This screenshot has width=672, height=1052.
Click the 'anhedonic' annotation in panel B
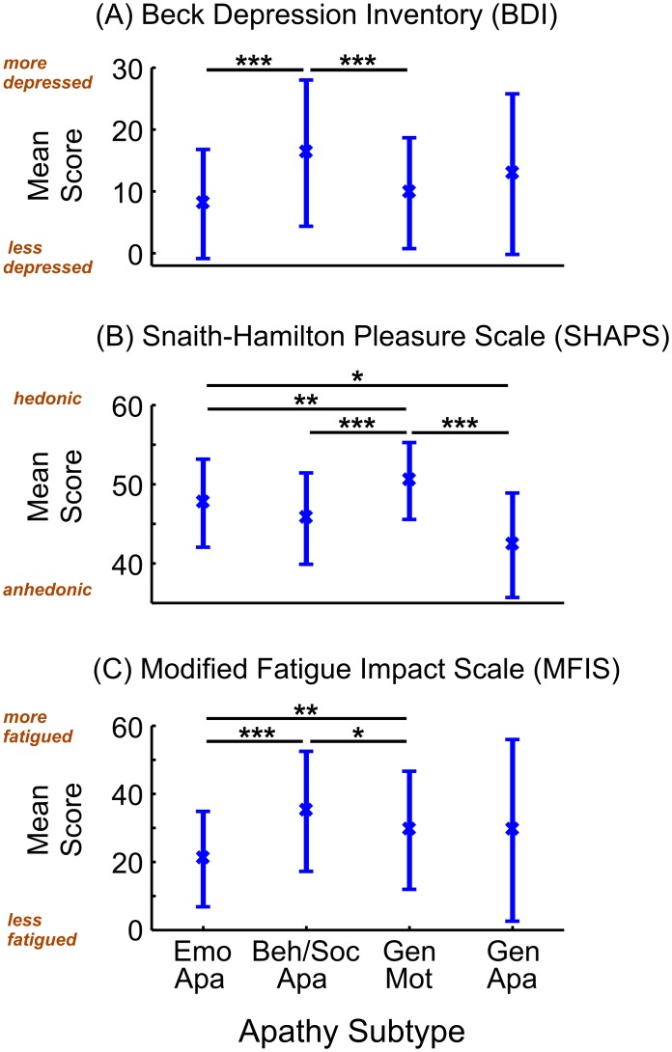(x=50, y=588)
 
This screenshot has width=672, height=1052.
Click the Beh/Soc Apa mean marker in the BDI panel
(x=306, y=152)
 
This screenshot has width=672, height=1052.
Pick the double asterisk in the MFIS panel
(x=305, y=710)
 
